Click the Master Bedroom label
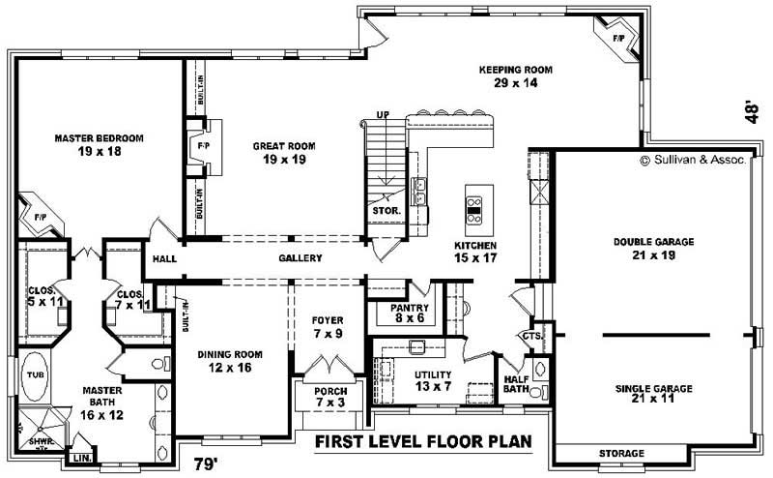coord(99,145)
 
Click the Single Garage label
coord(653,395)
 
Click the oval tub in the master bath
coord(36,383)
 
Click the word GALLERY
coord(300,258)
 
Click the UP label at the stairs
coord(382,115)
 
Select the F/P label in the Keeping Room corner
coord(617,40)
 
